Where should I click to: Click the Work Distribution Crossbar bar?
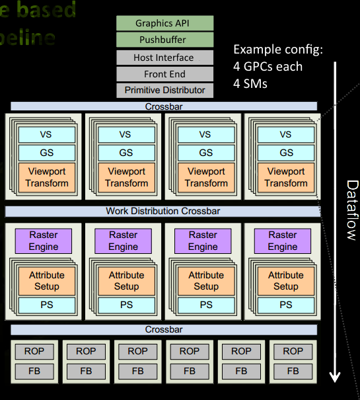163,212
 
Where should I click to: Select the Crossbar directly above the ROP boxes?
163,329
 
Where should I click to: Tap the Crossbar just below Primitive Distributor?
163,106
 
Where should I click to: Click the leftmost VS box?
46,134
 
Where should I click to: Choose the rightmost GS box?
285,152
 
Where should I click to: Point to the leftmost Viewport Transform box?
46,177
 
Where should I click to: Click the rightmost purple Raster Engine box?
283,241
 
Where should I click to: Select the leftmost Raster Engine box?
44,241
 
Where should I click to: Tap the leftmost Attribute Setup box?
46,280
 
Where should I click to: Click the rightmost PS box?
285,305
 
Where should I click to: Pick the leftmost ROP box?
34,351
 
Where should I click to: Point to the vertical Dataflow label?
350,209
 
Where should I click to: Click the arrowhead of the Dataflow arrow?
335,377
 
